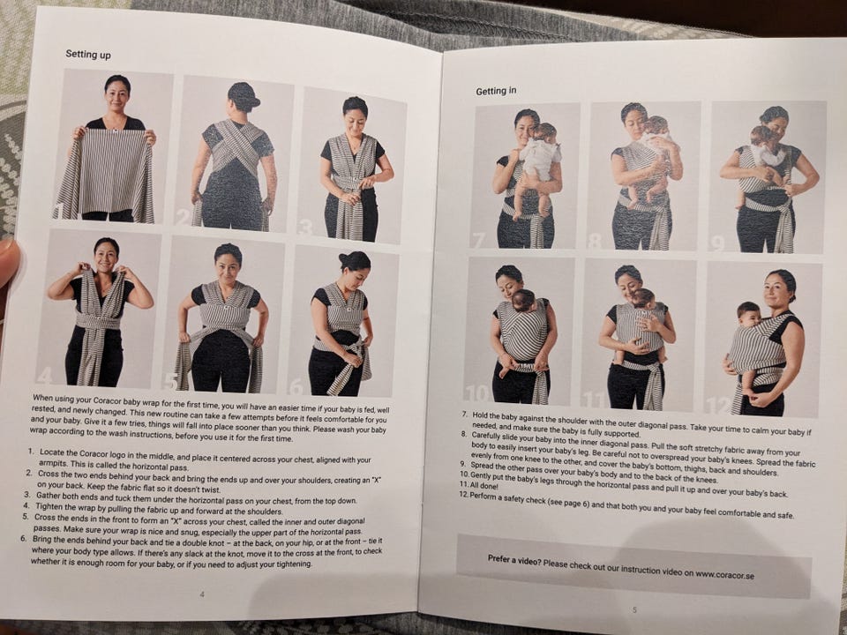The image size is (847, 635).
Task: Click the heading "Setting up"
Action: point(88,54)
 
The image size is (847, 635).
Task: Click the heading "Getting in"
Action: point(496,91)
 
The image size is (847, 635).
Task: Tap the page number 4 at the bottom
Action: point(202,594)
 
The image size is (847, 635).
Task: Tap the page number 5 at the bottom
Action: point(634,609)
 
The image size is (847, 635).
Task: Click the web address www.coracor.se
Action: point(725,574)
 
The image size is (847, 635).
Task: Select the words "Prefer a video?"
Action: point(514,560)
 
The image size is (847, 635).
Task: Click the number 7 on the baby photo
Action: point(478,240)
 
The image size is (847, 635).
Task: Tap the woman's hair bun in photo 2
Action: point(244,96)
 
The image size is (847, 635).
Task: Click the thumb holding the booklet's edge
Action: point(9,263)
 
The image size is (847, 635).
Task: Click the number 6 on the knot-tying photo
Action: point(296,386)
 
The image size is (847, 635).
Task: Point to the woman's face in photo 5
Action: point(228,265)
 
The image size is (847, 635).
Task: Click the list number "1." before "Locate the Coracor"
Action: point(31,451)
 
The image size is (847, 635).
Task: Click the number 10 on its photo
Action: point(478,393)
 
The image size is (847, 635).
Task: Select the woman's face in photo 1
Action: point(117,97)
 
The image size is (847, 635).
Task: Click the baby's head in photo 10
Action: point(523,300)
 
